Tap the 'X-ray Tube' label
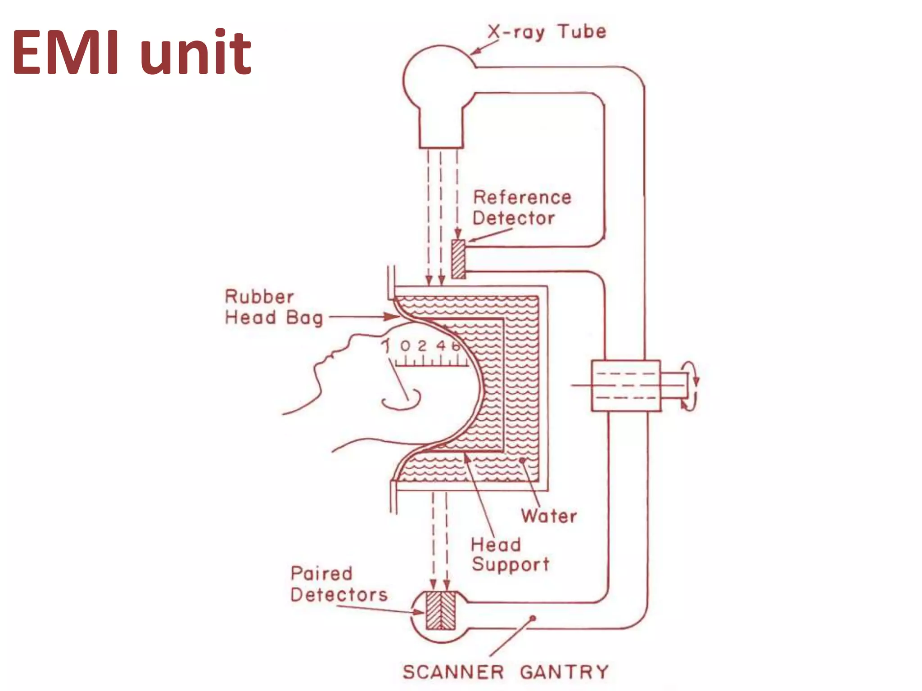click(547, 32)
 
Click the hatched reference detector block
click(458, 259)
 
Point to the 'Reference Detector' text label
click(521, 208)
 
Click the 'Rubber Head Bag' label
click(273, 307)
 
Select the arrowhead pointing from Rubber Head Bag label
click(392, 317)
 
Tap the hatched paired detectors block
click(441, 610)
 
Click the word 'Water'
click(549, 516)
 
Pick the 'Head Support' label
click(510, 554)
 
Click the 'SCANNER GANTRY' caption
click(505, 673)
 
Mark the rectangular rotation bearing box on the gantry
click(626, 386)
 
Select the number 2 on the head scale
click(422, 346)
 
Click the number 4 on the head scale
click(441, 345)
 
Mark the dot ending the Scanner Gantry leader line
click(533, 618)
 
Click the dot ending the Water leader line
click(522, 460)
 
